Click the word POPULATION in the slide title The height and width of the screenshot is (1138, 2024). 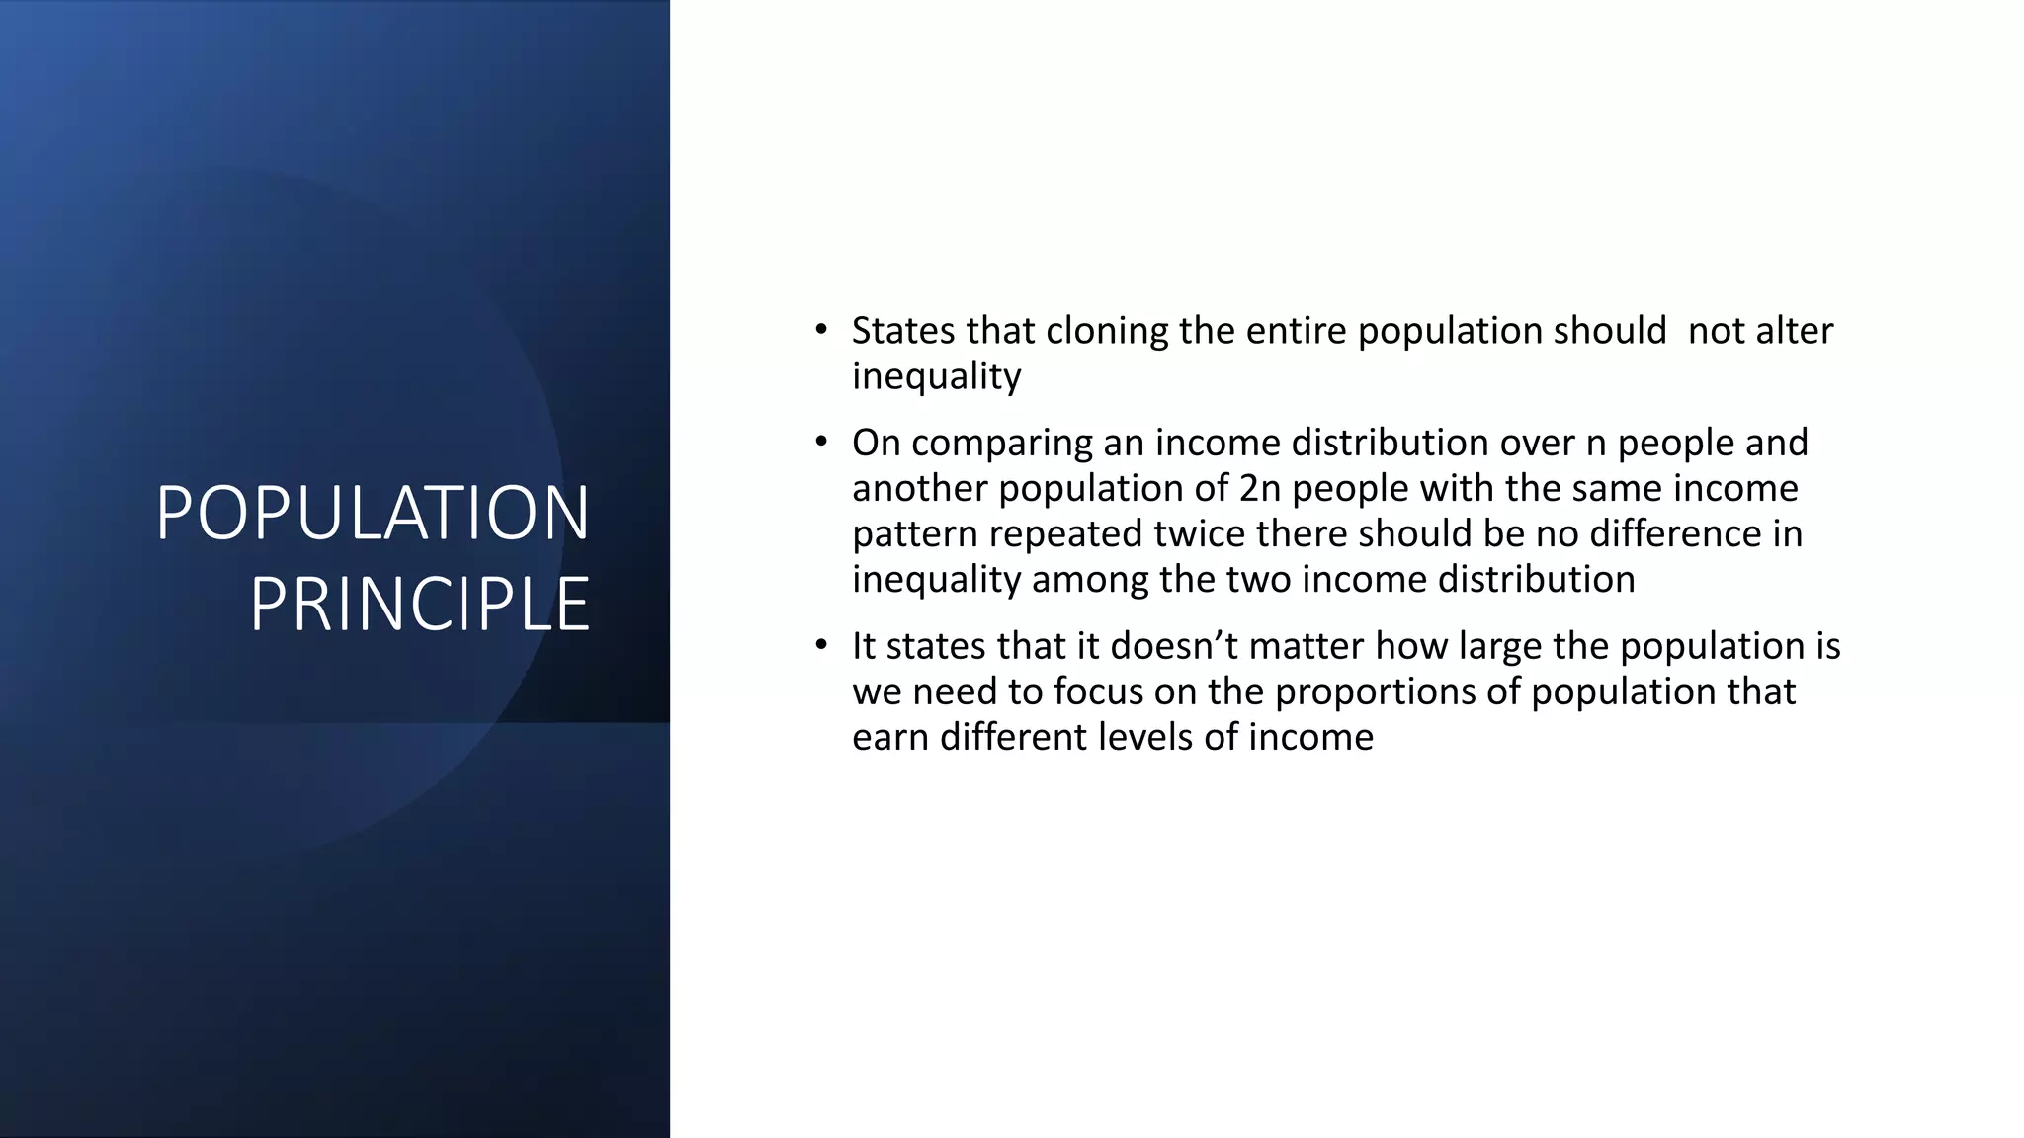[x=373, y=513]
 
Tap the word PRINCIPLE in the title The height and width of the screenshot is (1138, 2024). [x=419, y=604]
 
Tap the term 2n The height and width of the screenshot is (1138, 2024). [x=1259, y=488]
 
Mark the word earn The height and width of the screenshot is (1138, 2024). [x=890, y=738]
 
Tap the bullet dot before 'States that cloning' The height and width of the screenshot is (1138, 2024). [x=821, y=330]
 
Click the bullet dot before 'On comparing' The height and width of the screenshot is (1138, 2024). [x=821, y=443]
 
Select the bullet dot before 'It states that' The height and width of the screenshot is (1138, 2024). [x=821, y=646]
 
